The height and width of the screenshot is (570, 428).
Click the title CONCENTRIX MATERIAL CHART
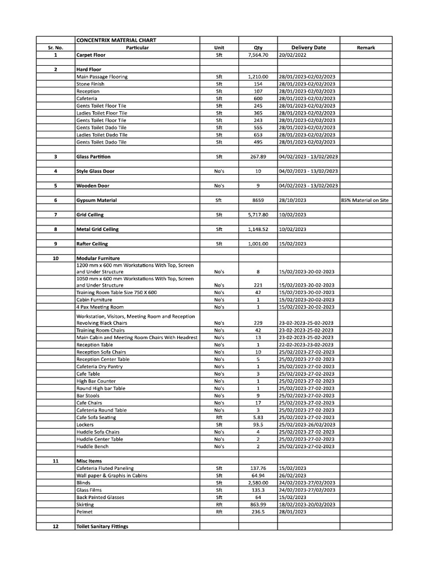(116, 40)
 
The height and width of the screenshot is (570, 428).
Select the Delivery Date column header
(308, 47)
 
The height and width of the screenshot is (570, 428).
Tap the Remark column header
(366, 47)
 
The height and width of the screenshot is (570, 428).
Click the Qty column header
(258, 47)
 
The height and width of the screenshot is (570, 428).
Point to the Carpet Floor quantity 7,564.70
(258, 55)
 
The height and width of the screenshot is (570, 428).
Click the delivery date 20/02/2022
(294, 55)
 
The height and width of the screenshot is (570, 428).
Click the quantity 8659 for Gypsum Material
(258, 200)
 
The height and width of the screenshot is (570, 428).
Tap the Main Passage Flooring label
(102, 76)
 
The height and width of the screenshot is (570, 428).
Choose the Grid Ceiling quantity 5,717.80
(258, 214)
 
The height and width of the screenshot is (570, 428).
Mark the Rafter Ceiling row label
(92, 244)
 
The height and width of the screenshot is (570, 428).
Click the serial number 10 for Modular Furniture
(55, 258)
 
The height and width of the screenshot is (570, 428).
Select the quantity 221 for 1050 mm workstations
(258, 285)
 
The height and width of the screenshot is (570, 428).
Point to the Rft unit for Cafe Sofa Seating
(219, 417)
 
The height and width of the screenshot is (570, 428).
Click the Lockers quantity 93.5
(258, 424)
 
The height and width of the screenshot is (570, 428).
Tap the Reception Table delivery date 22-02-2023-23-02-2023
(306, 345)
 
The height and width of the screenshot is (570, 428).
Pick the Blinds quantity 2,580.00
(258, 483)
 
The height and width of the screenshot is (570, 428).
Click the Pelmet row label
(85, 512)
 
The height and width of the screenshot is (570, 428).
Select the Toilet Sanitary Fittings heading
(102, 526)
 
